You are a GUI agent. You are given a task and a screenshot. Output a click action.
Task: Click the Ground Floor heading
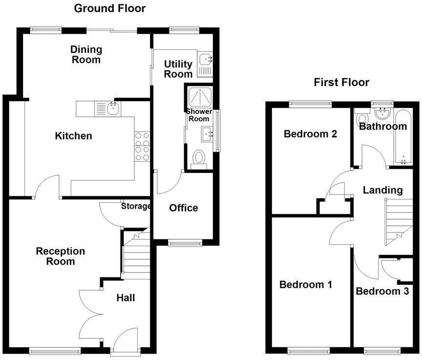coord(109,8)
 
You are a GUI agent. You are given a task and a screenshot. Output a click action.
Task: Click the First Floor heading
coord(341,82)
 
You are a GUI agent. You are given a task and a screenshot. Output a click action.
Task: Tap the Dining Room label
coord(86,55)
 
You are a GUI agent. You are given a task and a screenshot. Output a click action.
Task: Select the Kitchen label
coord(73,136)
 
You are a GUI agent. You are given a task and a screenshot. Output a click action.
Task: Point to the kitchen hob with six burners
coord(142,147)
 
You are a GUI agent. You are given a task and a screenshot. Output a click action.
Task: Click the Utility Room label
coord(178,69)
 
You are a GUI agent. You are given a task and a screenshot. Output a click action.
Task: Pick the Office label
coord(184,208)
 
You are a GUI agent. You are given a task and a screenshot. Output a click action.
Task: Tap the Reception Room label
coord(61,256)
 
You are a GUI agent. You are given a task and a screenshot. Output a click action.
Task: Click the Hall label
coord(126,298)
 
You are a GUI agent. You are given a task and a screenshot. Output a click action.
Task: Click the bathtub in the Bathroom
coord(403,137)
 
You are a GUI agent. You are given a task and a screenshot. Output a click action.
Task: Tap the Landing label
coord(382,191)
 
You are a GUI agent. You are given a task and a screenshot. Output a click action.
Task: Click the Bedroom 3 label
coord(382,292)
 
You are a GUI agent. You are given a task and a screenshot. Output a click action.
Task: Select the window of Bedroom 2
coord(310,103)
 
